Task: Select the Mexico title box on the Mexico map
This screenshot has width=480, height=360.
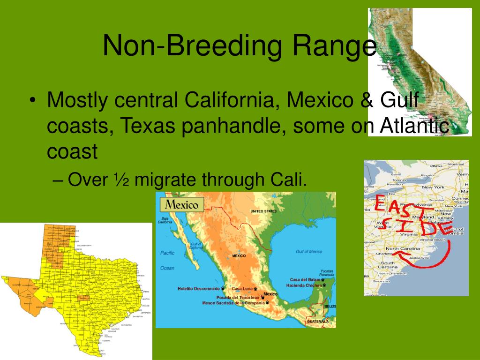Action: tap(182, 204)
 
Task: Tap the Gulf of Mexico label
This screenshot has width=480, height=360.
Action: tap(309, 252)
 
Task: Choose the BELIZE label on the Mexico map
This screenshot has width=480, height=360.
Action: tap(330, 306)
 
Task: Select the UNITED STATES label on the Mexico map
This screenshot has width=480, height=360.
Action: tap(263, 211)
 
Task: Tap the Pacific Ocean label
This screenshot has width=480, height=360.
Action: tap(167, 260)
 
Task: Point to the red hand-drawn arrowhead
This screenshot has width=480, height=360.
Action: tap(397, 255)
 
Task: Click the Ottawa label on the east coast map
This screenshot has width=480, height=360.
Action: tap(436, 165)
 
